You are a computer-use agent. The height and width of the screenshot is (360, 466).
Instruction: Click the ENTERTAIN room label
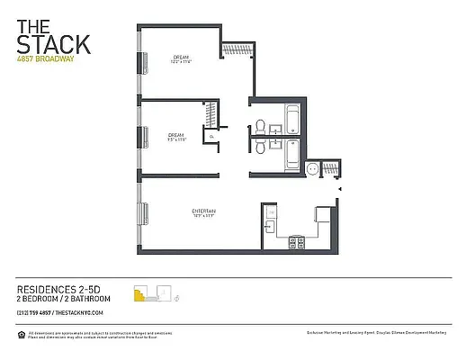[x=203, y=211]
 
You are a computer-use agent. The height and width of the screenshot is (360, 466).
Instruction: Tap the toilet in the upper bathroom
[x=259, y=126]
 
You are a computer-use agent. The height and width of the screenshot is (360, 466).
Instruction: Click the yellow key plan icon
[x=140, y=292]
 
